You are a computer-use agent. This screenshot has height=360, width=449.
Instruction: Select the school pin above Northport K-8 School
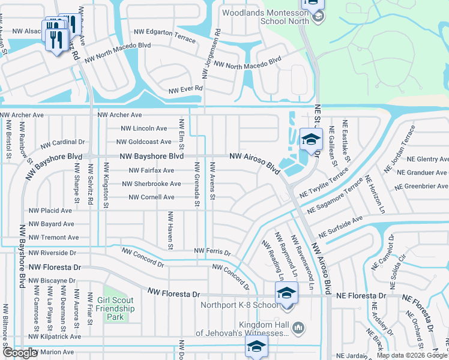tap(286, 294)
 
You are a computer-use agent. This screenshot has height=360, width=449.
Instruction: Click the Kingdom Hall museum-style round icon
tap(299, 327)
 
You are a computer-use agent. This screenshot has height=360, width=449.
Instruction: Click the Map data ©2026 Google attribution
tap(412, 355)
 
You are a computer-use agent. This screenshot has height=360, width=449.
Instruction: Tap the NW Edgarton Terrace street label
tap(164, 35)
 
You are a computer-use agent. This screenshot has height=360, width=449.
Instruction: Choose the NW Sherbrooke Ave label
tap(151, 184)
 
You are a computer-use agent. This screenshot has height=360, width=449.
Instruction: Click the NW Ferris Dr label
tap(212, 251)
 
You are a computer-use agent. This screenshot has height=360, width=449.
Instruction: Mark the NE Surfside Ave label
tap(340, 227)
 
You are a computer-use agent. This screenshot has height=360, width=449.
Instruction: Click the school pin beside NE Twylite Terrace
tap(310, 140)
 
